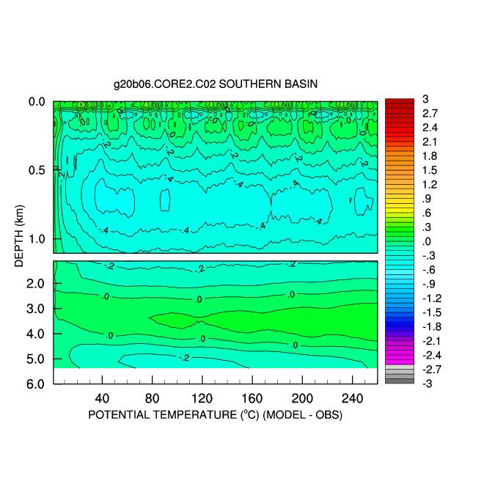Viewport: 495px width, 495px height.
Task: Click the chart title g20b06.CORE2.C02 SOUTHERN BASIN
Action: coord(216,84)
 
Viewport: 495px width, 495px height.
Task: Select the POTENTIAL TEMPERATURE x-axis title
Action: coord(216,415)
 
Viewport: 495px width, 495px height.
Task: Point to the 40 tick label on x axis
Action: coord(103,398)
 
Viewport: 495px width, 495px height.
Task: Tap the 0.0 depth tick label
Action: coord(37,102)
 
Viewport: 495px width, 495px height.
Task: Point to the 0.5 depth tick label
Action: coord(37,170)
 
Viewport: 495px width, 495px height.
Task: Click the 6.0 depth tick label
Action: coord(37,384)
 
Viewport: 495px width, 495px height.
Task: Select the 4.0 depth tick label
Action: coord(37,334)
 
